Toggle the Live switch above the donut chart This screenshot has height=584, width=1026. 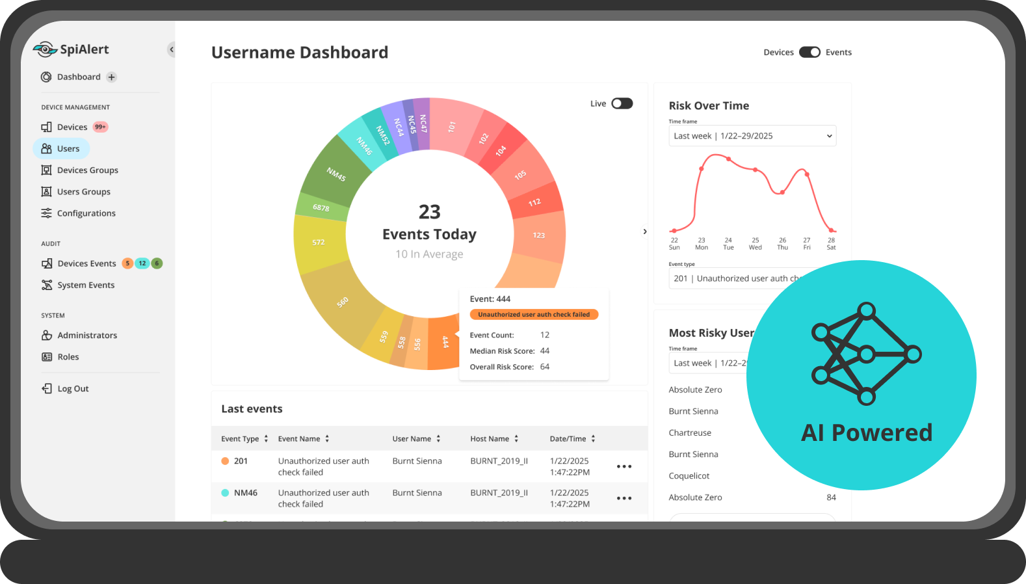(622, 103)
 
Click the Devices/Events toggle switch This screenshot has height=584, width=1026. (809, 53)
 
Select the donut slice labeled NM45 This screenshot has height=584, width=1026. (335, 174)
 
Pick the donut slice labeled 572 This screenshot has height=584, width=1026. (319, 243)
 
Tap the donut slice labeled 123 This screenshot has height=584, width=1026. (539, 235)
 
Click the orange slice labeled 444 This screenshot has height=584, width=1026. (445, 342)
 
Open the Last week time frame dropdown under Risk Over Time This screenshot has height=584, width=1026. (752, 136)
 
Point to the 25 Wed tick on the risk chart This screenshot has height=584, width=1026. (755, 243)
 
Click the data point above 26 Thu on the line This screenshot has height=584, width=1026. (782, 192)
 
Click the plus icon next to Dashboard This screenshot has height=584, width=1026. (112, 77)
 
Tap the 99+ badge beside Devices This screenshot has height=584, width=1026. (100, 127)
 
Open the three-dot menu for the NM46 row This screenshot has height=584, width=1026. (624, 498)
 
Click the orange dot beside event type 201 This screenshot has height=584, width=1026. (225, 461)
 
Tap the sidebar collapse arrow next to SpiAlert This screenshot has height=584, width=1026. (171, 49)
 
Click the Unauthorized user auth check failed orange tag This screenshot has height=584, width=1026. (534, 315)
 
